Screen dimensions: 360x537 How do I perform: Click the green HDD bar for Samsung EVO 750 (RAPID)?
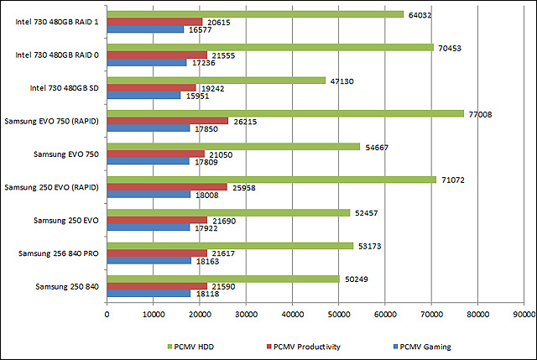[285, 113]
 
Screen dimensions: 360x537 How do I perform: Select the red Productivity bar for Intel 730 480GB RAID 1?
[154, 22]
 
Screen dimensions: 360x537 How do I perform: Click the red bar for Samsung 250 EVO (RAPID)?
[167, 186]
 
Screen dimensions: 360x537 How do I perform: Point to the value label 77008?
[481, 113]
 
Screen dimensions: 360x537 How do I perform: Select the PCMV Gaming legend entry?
[421, 345]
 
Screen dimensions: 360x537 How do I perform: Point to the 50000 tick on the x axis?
[338, 315]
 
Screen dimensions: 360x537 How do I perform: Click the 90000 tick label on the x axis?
[523, 315]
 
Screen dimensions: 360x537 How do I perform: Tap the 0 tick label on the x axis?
[107, 315]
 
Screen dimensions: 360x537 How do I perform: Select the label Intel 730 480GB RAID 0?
[57, 55]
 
